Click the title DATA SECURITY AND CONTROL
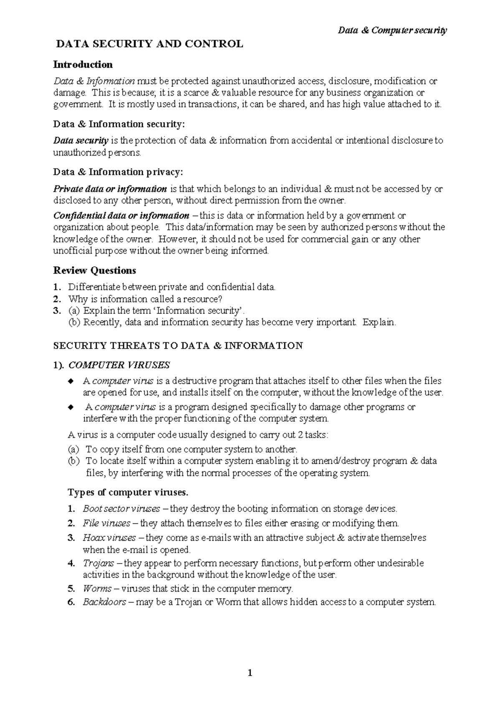click(150, 44)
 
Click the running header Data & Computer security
click(392, 30)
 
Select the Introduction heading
click(83, 64)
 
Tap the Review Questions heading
click(94, 271)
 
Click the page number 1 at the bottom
click(250, 673)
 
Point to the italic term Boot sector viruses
click(121, 509)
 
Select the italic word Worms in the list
click(97, 589)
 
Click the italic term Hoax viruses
click(109, 538)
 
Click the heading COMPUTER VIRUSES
click(119, 365)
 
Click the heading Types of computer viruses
click(128, 493)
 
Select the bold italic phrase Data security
click(81, 141)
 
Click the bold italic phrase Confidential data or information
click(121, 216)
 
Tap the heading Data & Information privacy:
click(118, 172)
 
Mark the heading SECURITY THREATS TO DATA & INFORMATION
click(178, 346)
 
